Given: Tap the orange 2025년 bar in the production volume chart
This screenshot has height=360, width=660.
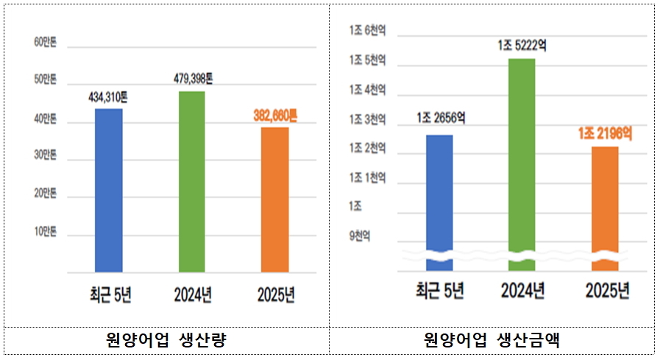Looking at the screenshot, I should point(275,200).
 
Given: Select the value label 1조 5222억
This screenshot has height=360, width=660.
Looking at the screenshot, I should point(522,46).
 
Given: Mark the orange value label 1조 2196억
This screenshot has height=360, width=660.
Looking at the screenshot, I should point(605,133).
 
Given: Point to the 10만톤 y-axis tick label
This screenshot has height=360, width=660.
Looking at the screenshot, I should point(46,233).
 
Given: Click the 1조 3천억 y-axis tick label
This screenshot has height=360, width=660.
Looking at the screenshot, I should point(368,120).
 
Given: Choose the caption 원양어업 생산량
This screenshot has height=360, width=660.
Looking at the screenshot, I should point(166,340).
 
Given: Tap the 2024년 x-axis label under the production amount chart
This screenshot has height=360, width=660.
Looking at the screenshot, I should point(522,292).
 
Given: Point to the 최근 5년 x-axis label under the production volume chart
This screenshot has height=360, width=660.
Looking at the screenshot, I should point(108,294).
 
